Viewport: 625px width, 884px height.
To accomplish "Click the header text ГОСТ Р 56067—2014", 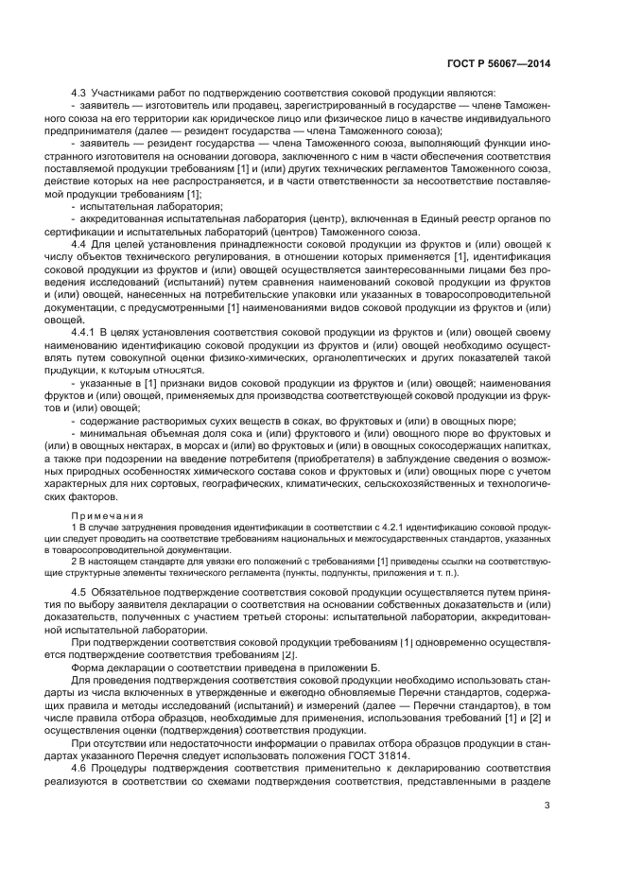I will [x=498, y=62].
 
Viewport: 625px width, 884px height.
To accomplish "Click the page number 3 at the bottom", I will [x=547, y=806].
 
